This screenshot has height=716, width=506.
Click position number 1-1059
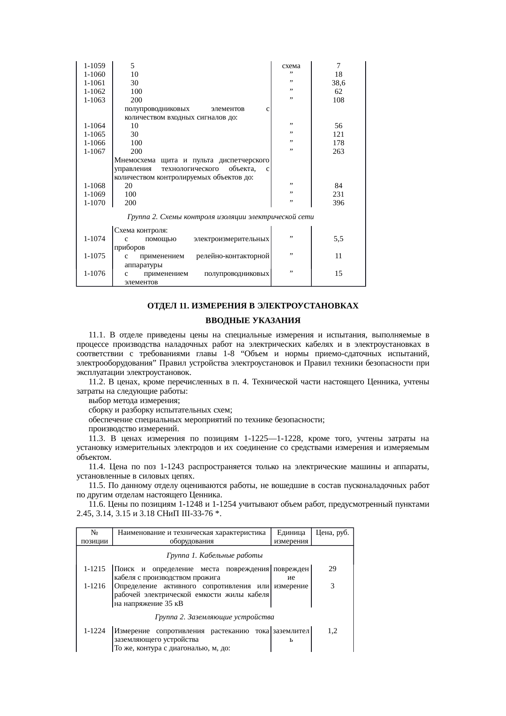click(x=94, y=66)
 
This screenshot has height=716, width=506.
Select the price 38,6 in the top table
click(x=338, y=83)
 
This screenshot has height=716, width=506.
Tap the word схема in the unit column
click(x=291, y=66)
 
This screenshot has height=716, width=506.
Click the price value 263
click(x=338, y=151)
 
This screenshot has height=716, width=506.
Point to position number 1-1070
click(x=94, y=203)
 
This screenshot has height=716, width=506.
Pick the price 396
click(x=338, y=203)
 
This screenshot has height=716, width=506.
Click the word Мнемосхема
click(x=135, y=160)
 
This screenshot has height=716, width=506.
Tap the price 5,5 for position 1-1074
click(x=338, y=239)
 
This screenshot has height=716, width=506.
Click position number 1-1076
click(x=94, y=273)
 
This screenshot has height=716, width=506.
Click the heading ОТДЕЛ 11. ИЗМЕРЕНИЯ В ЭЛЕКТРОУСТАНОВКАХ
click(x=253, y=306)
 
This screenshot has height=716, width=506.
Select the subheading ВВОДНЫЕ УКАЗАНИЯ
click(x=253, y=320)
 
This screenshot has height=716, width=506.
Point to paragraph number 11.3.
click(x=97, y=439)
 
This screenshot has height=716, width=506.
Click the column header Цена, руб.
click(x=333, y=532)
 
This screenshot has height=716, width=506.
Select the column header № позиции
click(x=94, y=537)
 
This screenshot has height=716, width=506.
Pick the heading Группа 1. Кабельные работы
click(x=214, y=556)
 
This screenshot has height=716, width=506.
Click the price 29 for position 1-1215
click(x=333, y=569)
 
